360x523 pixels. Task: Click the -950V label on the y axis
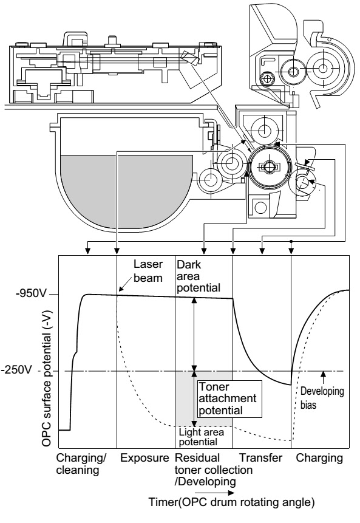tap(30, 294)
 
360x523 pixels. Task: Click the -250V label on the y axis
tap(16, 371)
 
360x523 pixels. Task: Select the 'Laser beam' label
tap(148, 271)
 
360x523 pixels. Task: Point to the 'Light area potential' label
tap(202, 437)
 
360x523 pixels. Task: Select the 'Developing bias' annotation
tap(322, 398)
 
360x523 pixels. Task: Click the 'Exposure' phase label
tap(144, 458)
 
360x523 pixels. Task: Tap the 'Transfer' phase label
tap(261, 458)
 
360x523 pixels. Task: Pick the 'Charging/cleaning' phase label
tap(81, 463)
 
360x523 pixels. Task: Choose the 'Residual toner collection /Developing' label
tap(213, 470)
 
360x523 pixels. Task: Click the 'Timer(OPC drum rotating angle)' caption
tap(231, 502)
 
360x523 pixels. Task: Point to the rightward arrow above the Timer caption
tap(215, 493)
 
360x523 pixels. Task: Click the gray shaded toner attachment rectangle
tap(203, 399)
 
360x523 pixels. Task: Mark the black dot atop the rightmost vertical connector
tap(291, 241)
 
